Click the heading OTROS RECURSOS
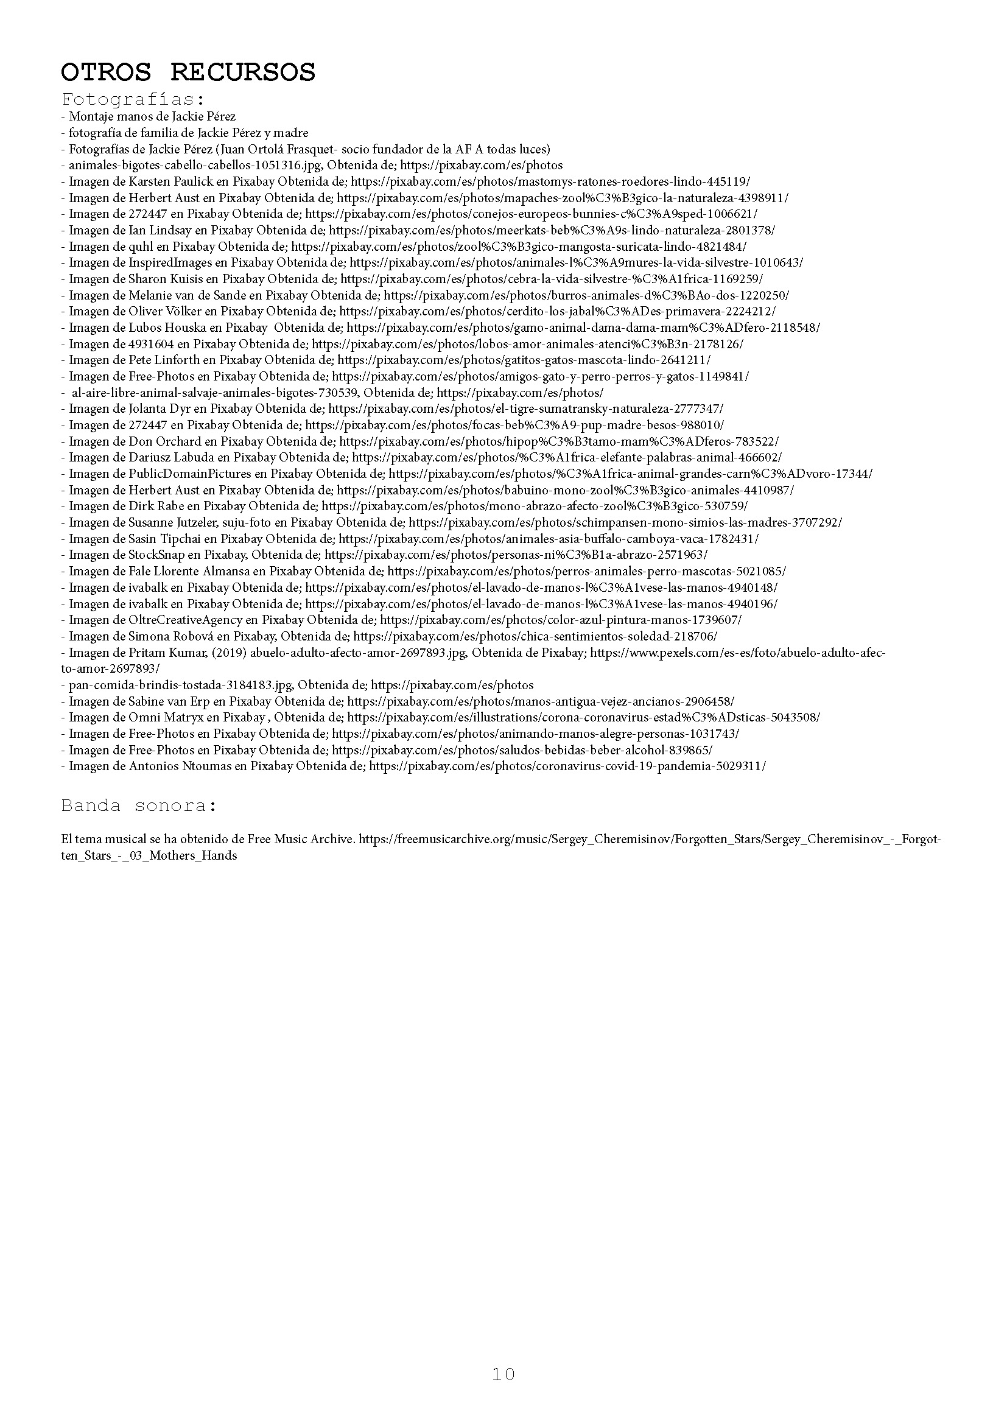point(188,72)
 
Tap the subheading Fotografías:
point(133,99)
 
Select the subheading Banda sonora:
point(139,805)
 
